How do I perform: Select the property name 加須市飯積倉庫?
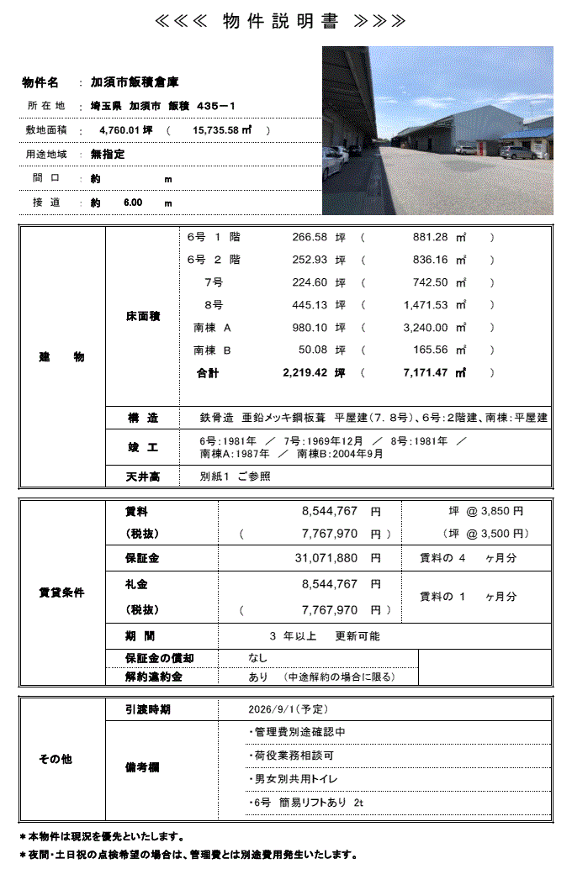pos(135,82)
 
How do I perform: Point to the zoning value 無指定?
pos(109,155)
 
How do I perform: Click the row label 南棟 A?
pos(212,328)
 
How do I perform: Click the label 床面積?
pos(142,316)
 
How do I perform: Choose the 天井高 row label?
pos(142,477)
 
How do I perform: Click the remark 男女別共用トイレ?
pos(297,779)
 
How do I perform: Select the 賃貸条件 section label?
pos(61,592)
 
